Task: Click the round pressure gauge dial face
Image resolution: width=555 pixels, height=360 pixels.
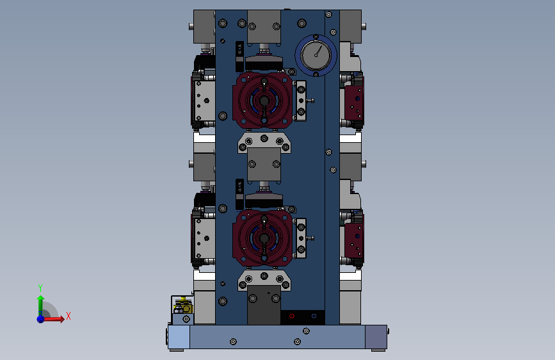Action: click(x=316, y=55)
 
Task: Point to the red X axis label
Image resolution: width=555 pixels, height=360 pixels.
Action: click(x=68, y=316)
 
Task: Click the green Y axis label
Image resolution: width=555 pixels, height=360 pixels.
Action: click(x=40, y=288)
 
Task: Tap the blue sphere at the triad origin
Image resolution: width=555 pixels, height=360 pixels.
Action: click(x=41, y=319)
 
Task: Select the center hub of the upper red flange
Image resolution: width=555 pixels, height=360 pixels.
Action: click(x=264, y=101)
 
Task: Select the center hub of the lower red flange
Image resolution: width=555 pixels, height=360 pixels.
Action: click(x=264, y=238)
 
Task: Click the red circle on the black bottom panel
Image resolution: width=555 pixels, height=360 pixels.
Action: click(x=292, y=316)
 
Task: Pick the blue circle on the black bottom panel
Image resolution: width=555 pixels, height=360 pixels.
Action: click(x=314, y=316)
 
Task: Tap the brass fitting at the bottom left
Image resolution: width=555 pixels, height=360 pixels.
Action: click(x=183, y=306)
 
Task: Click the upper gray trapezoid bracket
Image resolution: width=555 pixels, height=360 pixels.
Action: click(x=264, y=143)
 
